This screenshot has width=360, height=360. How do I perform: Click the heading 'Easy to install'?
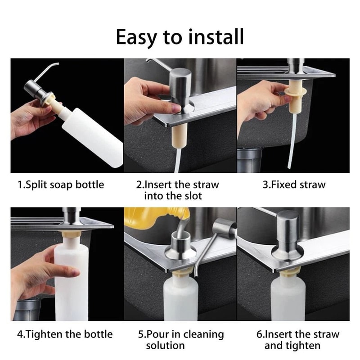pyautogui.click(x=180, y=37)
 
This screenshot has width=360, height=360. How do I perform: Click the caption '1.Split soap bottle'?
pyautogui.click(x=60, y=184)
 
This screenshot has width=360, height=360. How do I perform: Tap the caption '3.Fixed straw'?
pyautogui.click(x=294, y=184)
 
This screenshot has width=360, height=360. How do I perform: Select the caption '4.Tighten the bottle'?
pyautogui.click(x=65, y=334)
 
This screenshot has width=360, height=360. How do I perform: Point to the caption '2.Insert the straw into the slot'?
pyautogui.click(x=177, y=190)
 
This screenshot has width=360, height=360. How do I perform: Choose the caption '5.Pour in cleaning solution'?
pyautogui.click(x=180, y=340)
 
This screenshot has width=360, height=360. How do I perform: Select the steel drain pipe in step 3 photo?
pyautogui.click(x=250, y=160)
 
